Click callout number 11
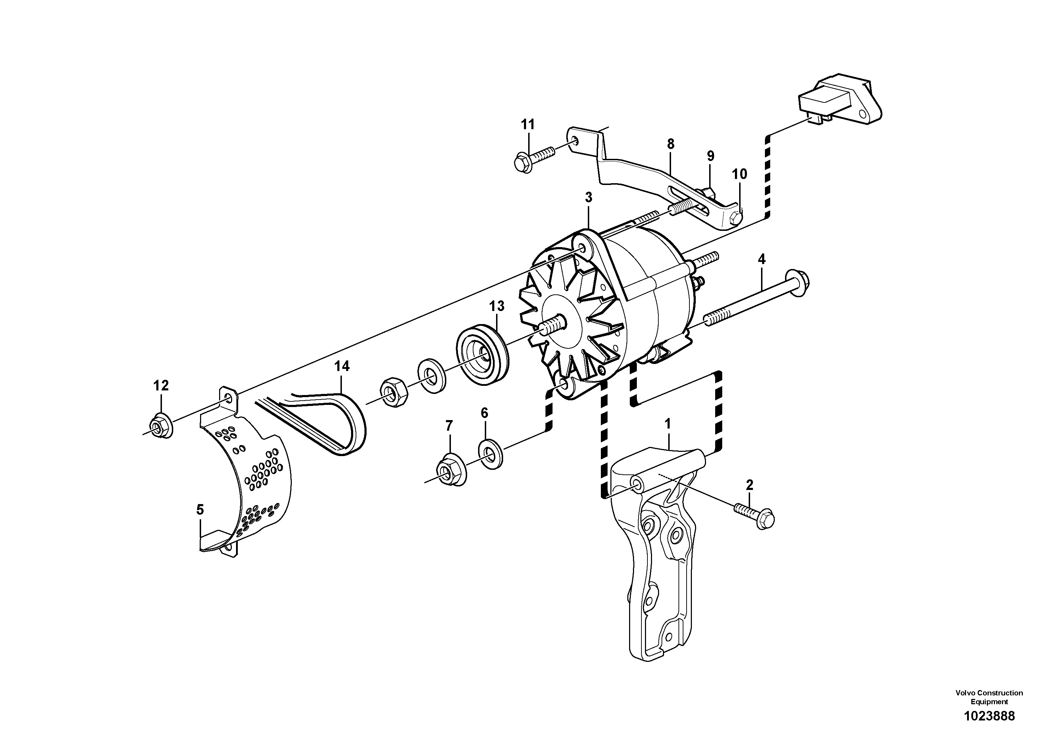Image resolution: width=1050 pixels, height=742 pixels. (x=528, y=124)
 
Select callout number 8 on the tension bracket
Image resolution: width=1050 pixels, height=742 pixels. (x=670, y=144)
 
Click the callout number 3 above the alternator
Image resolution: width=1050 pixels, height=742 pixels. (x=588, y=198)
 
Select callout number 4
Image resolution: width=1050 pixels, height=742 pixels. (x=761, y=259)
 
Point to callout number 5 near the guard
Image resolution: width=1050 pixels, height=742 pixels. (x=200, y=510)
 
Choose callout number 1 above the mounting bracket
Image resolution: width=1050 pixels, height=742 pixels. (x=667, y=424)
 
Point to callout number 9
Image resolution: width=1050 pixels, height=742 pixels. (x=710, y=156)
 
